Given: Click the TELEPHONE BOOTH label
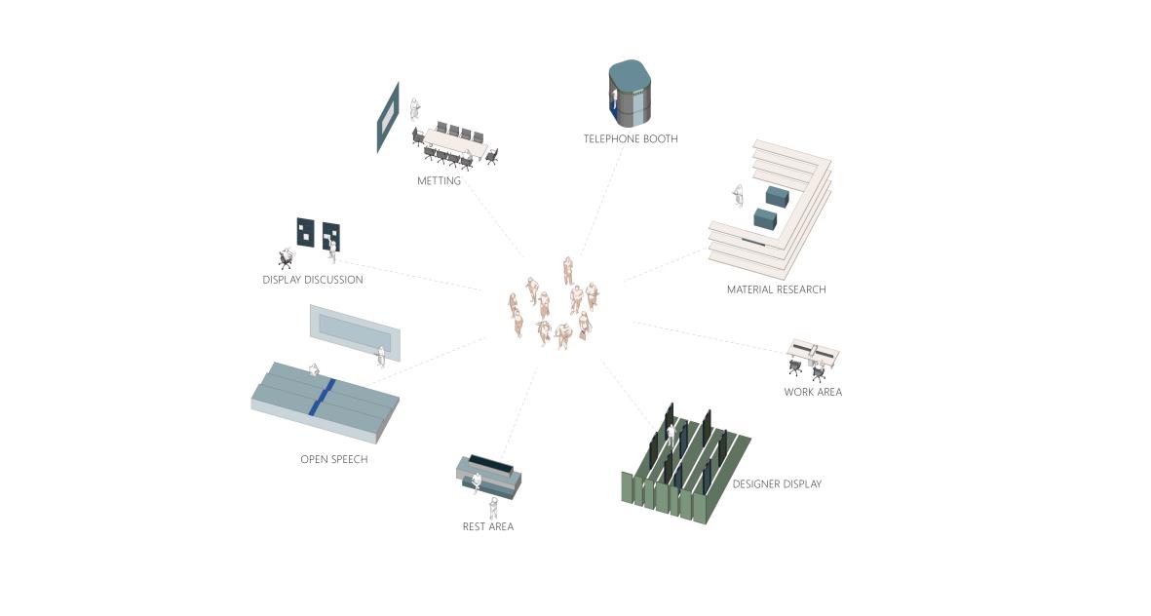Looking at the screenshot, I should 630,139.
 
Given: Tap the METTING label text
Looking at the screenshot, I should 439,181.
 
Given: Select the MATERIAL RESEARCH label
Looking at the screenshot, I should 776,289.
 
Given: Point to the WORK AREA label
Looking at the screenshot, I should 813,392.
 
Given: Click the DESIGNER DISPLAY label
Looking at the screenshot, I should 777,483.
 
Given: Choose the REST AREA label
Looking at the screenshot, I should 487,526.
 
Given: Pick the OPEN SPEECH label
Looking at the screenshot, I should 333,459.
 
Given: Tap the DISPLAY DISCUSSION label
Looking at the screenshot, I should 312,280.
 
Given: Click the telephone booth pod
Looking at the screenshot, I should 630,94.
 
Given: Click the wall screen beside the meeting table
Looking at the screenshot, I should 388,117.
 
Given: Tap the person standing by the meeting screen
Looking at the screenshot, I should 415,110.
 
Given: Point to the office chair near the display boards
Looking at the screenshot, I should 286,258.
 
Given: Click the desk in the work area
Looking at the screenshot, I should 815,352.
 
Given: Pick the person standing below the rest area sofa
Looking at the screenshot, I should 493,507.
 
